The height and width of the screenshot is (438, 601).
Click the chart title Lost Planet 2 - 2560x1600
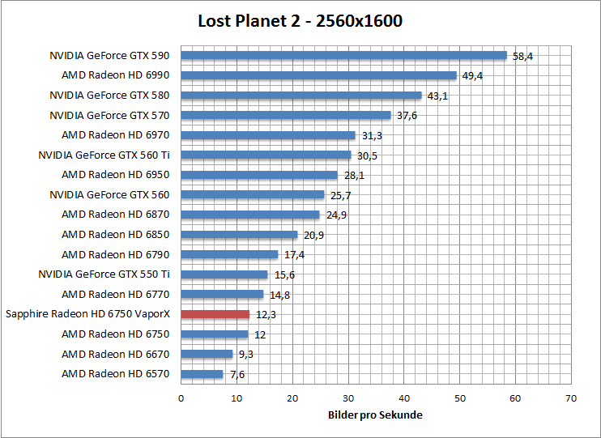(300, 21)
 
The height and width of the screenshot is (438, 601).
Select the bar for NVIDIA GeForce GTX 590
(343, 56)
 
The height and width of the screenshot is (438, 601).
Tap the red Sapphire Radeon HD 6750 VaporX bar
(215, 314)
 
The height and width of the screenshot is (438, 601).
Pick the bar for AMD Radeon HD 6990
(318, 75)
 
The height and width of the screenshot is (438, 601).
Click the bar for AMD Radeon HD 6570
(202, 374)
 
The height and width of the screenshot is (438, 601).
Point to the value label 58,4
(523, 57)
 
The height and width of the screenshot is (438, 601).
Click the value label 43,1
(438, 96)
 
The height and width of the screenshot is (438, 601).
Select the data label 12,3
(266, 315)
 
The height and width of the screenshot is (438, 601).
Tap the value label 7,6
(237, 375)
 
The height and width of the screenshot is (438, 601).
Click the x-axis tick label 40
(404, 398)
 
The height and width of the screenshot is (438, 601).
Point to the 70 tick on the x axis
(572, 398)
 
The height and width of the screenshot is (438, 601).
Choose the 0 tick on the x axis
(181, 398)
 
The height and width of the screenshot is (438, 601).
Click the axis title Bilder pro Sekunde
(375, 415)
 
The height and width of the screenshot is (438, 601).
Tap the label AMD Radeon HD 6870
(116, 215)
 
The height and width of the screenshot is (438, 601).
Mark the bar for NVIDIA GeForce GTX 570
(286, 115)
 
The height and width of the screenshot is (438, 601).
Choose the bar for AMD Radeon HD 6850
(239, 235)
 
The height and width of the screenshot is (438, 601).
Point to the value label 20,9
(313, 236)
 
